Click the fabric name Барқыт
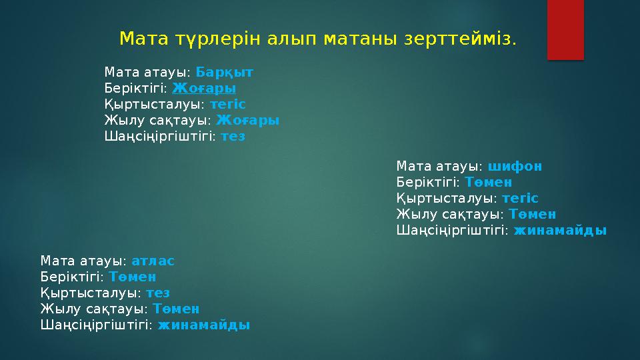224,71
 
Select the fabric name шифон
515,165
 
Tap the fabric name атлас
153,260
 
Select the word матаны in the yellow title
360,39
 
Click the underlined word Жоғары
204,88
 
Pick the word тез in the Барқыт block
233,136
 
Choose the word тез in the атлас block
158,293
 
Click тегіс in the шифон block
520,198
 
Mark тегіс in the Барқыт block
227,104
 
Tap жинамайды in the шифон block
560,231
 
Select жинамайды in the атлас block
203,325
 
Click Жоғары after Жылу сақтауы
247,120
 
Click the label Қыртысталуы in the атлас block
89,293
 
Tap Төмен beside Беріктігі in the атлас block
133,276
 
